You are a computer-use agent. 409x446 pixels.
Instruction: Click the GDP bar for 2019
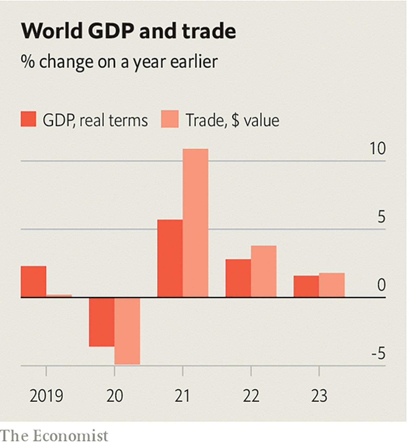coord(33,281)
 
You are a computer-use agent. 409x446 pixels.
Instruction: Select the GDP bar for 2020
coord(101,322)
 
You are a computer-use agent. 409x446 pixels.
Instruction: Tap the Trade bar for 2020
coord(127,331)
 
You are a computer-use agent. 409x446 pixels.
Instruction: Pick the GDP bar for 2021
coord(170,258)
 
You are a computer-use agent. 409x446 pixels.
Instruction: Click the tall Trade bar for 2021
coord(195,223)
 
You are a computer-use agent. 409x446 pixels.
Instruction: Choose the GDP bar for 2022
coord(238,278)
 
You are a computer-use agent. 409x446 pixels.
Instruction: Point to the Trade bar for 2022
coord(264,271)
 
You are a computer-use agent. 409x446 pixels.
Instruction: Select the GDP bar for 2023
coord(306,286)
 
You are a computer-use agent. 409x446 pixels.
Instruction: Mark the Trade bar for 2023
coord(332,285)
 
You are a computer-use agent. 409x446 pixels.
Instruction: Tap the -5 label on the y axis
coord(378,353)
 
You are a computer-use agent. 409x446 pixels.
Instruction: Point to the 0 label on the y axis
coord(381,285)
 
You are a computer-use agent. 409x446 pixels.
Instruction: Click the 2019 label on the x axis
coord(46,396)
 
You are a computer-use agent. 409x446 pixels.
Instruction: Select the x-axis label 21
coord(182,396)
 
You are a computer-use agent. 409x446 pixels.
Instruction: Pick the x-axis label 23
coord(319,396)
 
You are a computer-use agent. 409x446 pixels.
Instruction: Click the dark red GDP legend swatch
coord(28,119)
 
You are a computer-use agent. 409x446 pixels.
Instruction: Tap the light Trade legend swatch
coord(170,119)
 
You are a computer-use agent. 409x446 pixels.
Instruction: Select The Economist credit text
coord(54,436)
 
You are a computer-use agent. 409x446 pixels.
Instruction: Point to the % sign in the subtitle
coord(27,62)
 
